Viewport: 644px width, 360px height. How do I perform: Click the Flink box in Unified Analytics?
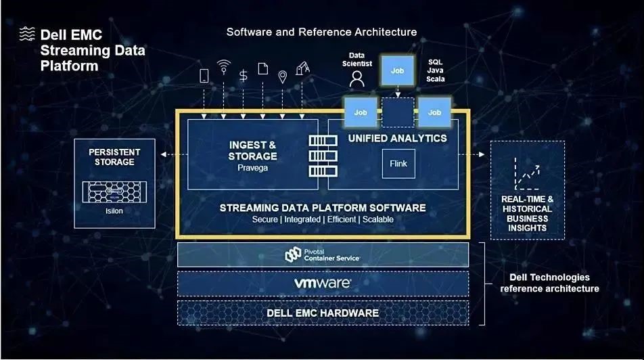[x=398, y=164]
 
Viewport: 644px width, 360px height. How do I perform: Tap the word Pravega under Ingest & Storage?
[x=252, y=168]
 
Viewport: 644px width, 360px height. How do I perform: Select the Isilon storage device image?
[x=114, y=192]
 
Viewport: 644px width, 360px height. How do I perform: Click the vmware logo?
[x=323, y=283]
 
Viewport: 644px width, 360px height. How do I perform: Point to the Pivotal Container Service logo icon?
[x=294, y=255]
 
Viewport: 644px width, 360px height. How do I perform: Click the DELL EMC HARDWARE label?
[x=323, y=313]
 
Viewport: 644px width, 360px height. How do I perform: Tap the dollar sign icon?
[x=243, y=76]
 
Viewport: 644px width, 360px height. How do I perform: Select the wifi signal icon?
[x=223, y=67]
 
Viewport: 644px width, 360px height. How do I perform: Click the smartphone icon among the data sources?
[x=204, y=76]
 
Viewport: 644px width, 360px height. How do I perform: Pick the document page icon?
[x=263, y=68]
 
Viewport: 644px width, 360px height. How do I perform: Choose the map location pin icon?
[x=282, y=77]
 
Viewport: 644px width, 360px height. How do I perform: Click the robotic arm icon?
[x=302, y=68]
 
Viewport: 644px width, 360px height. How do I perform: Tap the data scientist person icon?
[x=357, y=78]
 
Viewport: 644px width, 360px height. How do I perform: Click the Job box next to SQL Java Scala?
[x=397, y=70]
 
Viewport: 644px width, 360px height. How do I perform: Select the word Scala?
[x=436, y=79]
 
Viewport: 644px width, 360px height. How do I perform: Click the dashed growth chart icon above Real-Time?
[x=527, y=173]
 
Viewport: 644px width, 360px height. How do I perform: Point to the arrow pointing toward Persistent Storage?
[x=174, y=154]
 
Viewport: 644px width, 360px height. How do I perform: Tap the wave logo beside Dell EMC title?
[x=27, y=34]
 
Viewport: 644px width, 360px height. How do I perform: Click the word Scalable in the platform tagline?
[x=378, y=219]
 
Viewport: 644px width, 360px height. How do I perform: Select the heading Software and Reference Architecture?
[x=321, y=32]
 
